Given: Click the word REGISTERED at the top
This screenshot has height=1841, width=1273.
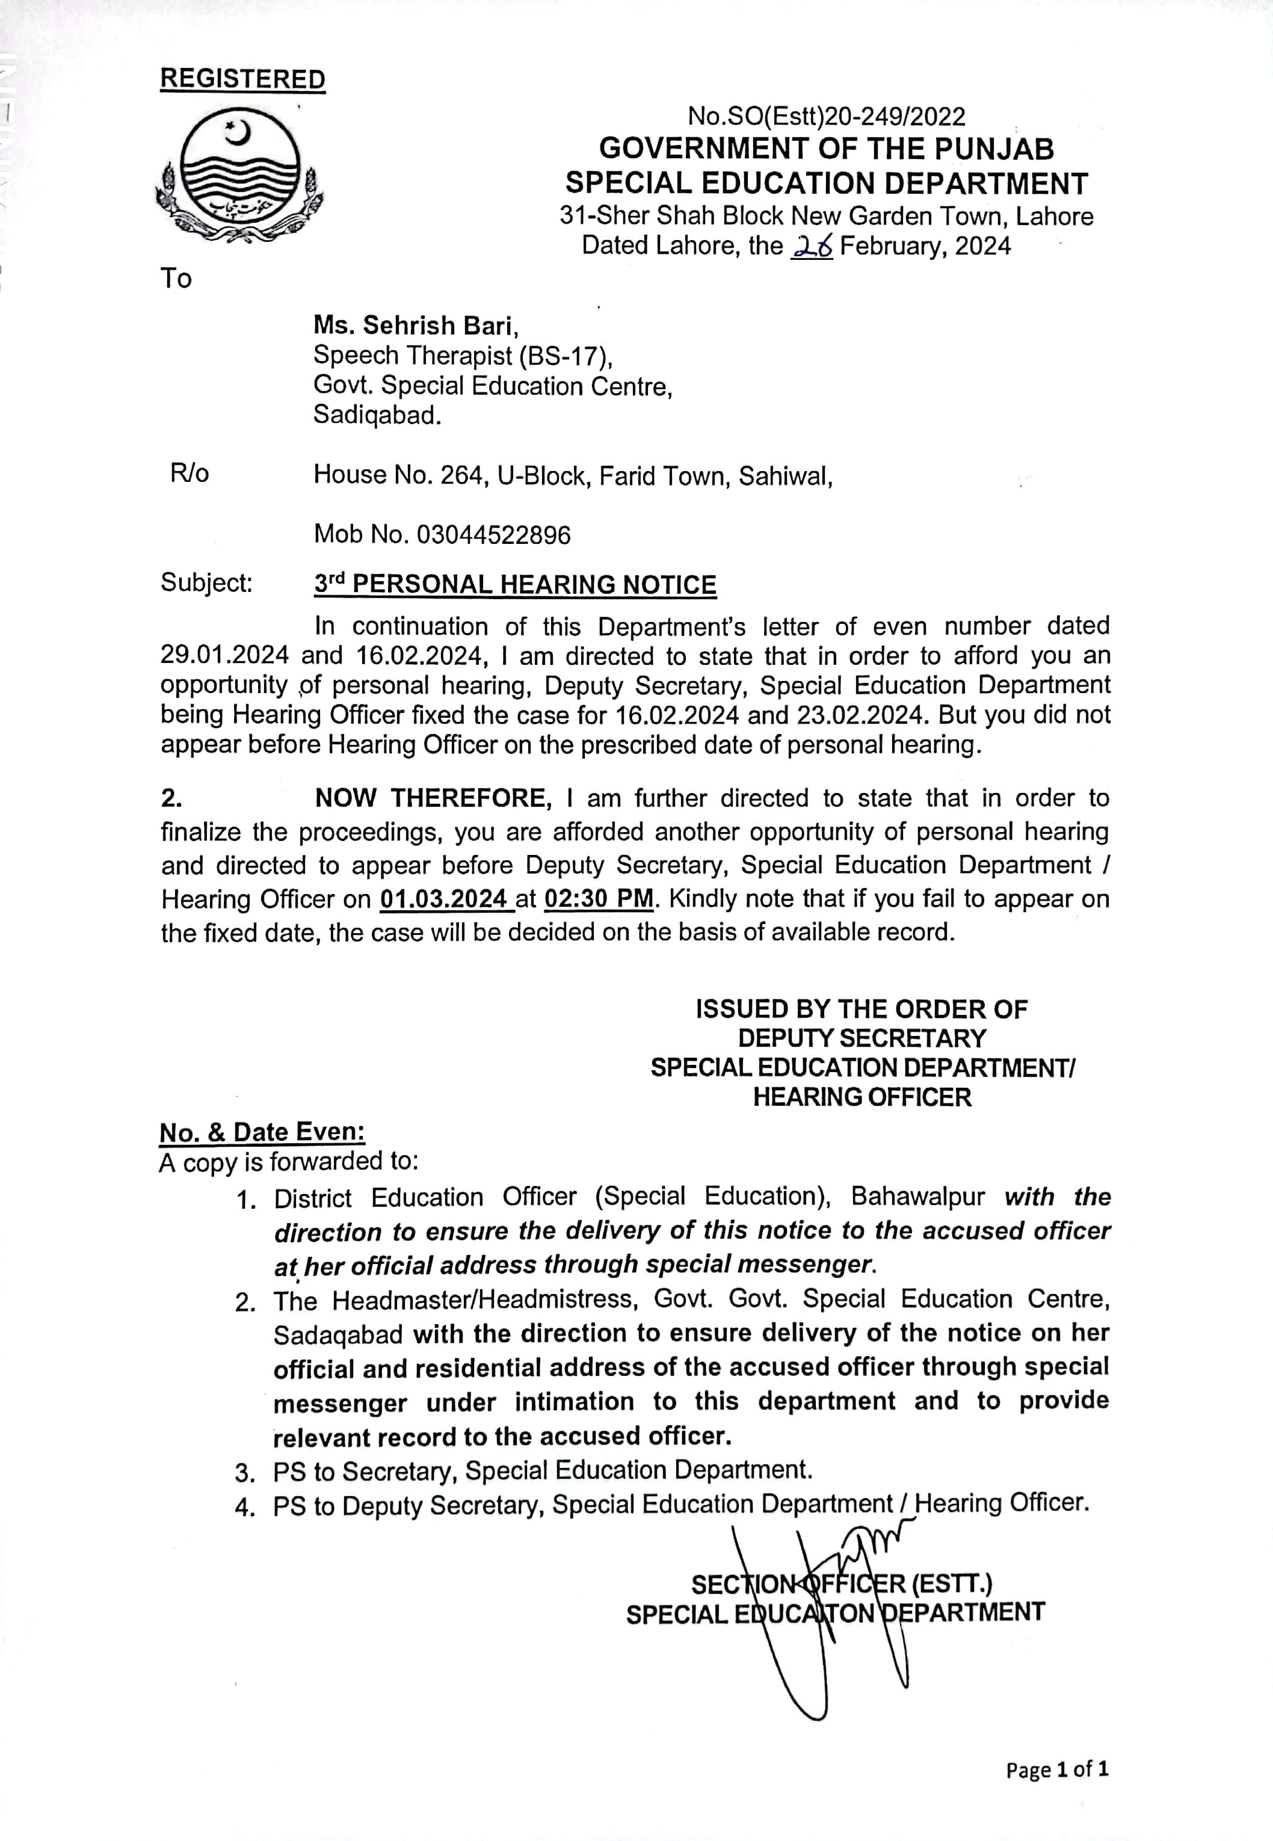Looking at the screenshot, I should point(242,79).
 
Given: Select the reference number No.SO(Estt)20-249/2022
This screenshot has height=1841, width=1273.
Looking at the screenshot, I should point(827,117).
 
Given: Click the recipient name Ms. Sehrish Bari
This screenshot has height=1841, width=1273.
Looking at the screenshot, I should point(416,325).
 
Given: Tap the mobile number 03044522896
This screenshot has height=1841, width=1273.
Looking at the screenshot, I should point(494,534).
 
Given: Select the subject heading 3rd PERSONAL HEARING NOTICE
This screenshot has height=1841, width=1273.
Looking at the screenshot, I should point(514,584).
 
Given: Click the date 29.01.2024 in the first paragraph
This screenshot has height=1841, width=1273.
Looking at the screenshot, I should point(224,656).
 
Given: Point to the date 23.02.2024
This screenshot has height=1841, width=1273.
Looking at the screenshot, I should point(859,715).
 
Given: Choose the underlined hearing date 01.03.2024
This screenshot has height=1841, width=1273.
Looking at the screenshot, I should point(443,899).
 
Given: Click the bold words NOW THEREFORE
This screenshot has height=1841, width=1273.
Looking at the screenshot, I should point(433,798).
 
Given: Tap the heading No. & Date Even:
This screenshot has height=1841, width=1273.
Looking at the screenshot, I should point(262,1132).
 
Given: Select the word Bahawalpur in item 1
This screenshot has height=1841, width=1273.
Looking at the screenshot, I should point(917,1197).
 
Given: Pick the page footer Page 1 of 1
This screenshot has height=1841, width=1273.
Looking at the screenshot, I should point(1057,1769).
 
